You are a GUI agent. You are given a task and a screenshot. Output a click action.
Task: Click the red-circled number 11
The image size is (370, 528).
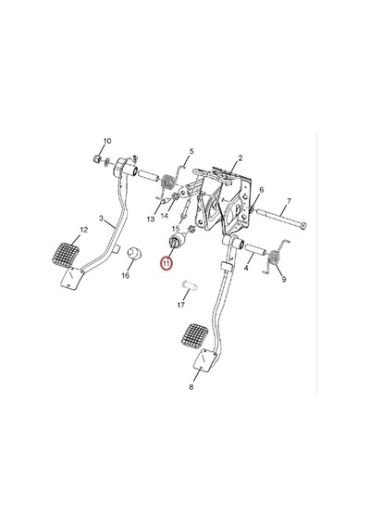click(166, 263)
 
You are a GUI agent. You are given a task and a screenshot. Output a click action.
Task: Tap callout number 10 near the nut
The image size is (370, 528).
click(107, 141)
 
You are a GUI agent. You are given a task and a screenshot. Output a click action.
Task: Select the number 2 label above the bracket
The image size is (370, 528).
click(240, 157)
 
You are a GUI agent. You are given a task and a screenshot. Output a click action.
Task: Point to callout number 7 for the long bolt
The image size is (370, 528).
click(289, 201)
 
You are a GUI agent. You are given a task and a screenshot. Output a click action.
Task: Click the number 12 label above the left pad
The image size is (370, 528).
click(84, 230)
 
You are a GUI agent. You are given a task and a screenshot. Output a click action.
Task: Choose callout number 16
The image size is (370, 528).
click(126, 275)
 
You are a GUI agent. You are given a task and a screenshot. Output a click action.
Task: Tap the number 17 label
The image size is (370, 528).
click(181, 305)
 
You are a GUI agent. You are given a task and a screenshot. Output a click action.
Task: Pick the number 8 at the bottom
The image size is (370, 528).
click(191, 387)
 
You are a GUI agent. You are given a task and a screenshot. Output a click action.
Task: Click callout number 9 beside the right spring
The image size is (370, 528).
click(284, 279)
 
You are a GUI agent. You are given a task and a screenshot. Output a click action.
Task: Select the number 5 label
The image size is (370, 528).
click(191, 151)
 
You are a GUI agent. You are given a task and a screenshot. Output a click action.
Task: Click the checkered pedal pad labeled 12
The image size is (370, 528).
click(66, 255)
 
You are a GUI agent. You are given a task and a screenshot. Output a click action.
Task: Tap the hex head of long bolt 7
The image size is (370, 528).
click(302, 225)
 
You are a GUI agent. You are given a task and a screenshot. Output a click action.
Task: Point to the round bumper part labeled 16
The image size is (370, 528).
click(134, 253)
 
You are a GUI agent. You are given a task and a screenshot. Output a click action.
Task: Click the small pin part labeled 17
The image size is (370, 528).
click(190, 286)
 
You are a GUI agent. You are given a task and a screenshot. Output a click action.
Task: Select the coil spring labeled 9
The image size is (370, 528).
click(275, 258)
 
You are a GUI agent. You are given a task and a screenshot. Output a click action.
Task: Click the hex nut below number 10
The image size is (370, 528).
click(96, 157)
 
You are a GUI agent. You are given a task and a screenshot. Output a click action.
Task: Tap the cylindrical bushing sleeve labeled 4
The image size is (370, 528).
click(255, 249)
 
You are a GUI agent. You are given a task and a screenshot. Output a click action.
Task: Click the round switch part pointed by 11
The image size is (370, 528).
click(177, 240)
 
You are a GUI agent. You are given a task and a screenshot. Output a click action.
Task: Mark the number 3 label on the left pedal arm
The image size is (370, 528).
click(101, 219)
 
